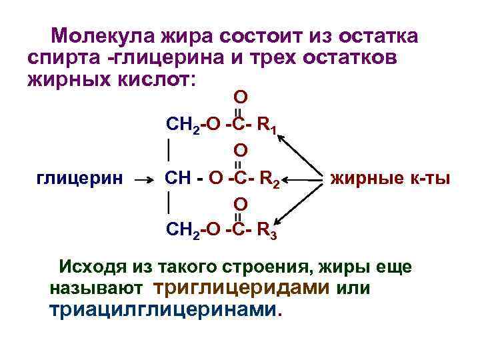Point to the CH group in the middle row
(x=179, y=178)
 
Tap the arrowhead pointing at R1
(x=281, y=137)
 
